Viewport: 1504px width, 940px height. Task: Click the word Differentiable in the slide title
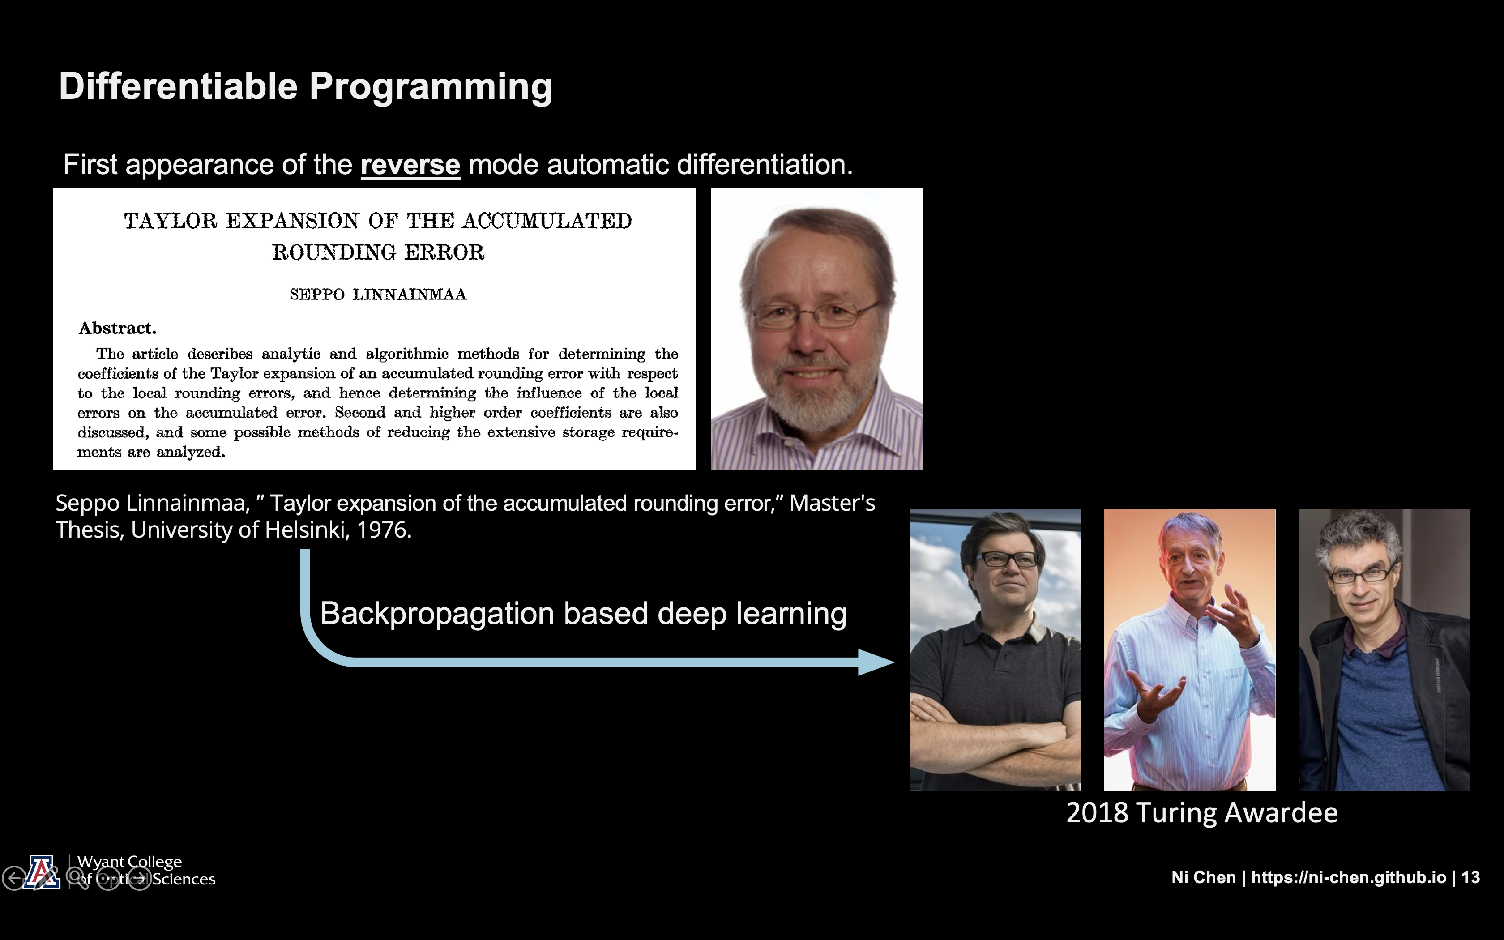tap(178, 86)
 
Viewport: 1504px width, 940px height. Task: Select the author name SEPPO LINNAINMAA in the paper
tap(378, 295)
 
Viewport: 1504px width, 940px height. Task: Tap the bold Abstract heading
tap(117, 328)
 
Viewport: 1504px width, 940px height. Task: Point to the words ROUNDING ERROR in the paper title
tap(378, 252)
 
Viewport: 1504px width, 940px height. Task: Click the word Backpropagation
tap(437, 614)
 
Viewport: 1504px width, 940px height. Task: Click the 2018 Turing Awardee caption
tap(1202, 812)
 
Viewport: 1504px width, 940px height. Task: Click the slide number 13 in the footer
tap(1470, 877)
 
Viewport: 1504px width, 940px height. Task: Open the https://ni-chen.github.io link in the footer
tap(1349, 877)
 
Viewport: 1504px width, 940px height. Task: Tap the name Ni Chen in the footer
tap(1203, 877)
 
